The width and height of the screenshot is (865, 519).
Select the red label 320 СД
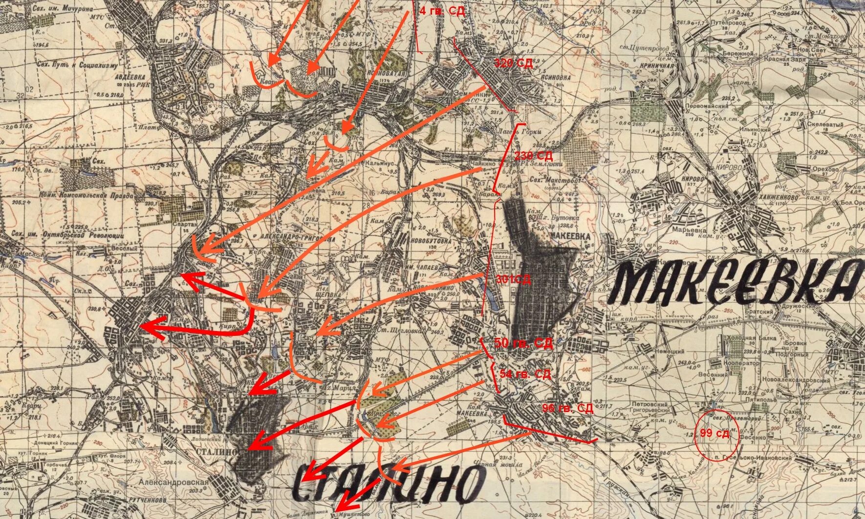click(x=513, y=63)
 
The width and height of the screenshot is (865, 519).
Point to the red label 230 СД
click(x=533, y=156)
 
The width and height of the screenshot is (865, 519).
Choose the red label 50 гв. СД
click(x=523, y=343)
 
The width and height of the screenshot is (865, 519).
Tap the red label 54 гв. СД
click(x=525, y=374)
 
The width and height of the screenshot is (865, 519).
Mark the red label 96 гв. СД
click(x=567, y=408)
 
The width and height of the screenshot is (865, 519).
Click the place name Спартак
click(x=185, y=224)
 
